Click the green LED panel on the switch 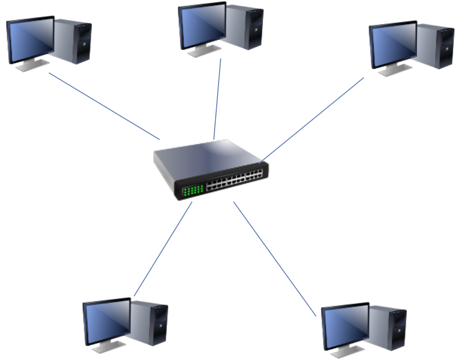click(193, 190)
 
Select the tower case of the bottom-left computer click(152, 323)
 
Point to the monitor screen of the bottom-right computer click(345, 327)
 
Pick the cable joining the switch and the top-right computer click(313, 119)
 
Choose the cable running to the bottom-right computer click(274, 258)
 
